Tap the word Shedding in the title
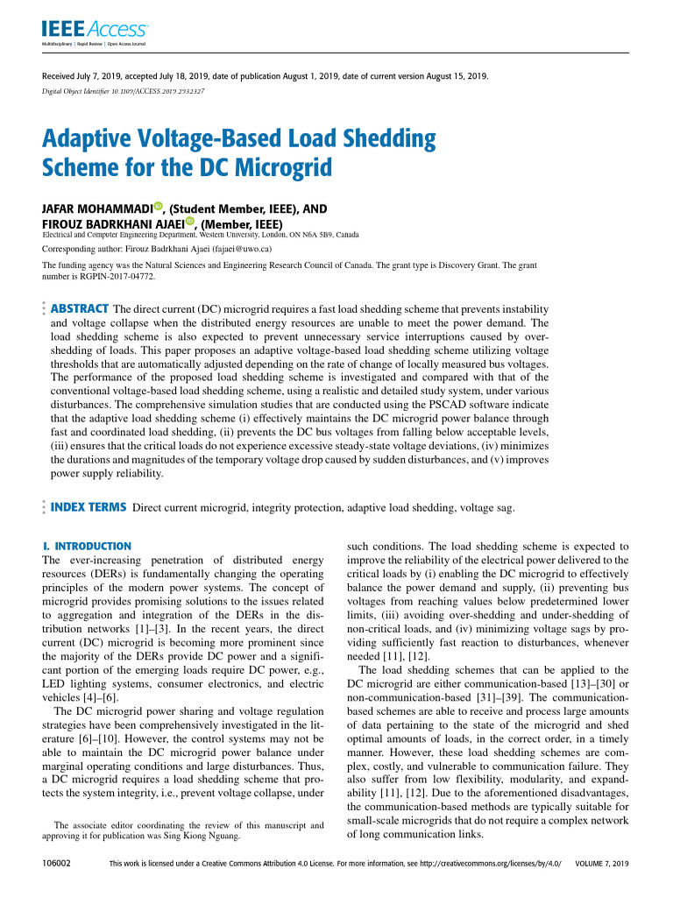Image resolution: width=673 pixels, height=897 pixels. pyautogui.click(x=382, y=138)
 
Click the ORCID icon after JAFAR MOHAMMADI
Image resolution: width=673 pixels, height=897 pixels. pyautogui.click(x=159, y=207)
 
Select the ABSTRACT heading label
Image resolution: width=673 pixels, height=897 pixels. pyautogui.click(x=80, y=308)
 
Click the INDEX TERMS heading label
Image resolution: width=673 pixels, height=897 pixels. pyautogui.click(x=89, y=507)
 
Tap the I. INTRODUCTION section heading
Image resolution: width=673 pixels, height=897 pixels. pyautogui.click(x=87, y=546)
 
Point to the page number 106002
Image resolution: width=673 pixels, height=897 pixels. pyautogui.click(x=56, y=864)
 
